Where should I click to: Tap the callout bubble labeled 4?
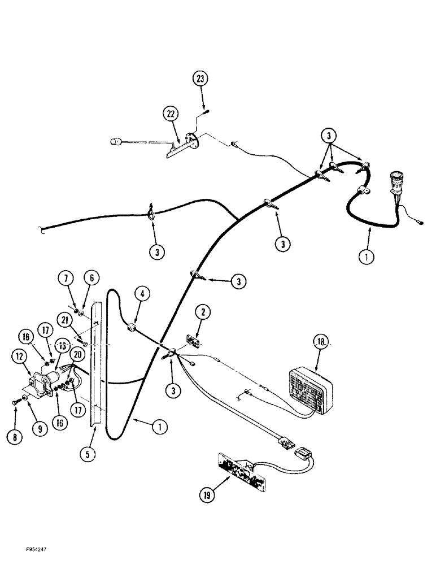coord(142,294)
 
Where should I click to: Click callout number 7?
coord(66,278)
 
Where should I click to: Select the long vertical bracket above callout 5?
coord(99,367)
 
